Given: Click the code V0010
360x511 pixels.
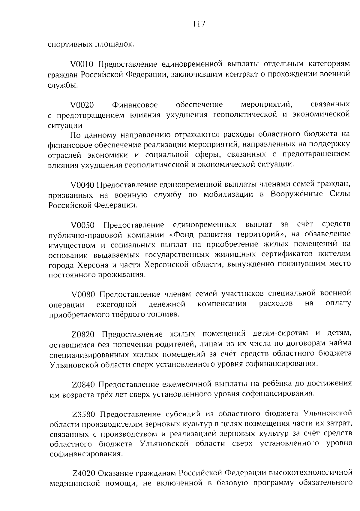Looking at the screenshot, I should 82,64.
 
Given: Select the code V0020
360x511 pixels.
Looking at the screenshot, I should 82,105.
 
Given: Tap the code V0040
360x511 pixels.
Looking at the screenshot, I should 82,185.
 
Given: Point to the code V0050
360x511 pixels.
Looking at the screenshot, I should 82,225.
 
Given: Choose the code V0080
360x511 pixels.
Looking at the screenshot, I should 83,294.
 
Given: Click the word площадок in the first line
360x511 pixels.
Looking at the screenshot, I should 115,44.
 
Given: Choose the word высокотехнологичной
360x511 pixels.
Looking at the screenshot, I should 311,473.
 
